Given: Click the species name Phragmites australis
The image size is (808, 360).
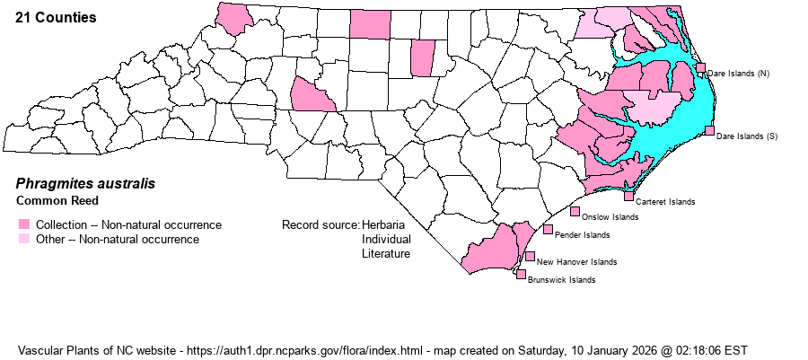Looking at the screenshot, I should pyautogui.click(x=85, y=183).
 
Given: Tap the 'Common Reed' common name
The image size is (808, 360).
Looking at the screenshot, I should pyautogui.click(x=57, y=200).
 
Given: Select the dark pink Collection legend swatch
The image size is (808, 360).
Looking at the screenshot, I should pyautogui.click(x=23, y=224).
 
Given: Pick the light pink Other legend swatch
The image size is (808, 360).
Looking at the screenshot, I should pyautogui.click(x=23, y=239).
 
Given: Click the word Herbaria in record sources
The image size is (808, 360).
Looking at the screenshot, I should pyautogui.click(x=384, y=224).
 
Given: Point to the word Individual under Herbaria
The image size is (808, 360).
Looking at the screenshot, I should pyautogui.click(x=386, y=240).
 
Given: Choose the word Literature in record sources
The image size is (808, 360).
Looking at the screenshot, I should pyautogui.click(x=386, y=254).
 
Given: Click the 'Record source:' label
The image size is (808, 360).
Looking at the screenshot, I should pyautogui.click(x=321, y=224).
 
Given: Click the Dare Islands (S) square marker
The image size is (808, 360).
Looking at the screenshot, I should pyautogui.click(x=709, y=131).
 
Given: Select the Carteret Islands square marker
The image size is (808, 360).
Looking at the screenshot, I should pyautogui.click(x=628, y=196).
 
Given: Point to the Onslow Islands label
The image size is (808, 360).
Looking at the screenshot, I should pyautogui.click(x=610, y=217).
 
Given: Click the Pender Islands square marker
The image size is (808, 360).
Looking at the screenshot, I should pyautogui.click(x=548, y=230).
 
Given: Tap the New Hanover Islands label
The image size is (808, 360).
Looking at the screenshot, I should pyautogui.click(x=576, y=262).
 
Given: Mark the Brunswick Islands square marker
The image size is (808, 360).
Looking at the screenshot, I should pyautogui.click(x=521, y=274).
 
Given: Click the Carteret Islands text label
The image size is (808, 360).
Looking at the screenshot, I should pyautogui.click(x=664, y=202).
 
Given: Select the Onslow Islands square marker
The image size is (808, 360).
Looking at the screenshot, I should pyautogui.click(x=575, y=211).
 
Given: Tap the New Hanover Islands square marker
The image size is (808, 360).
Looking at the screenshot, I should pyautogui.click(x=530, y=256).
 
